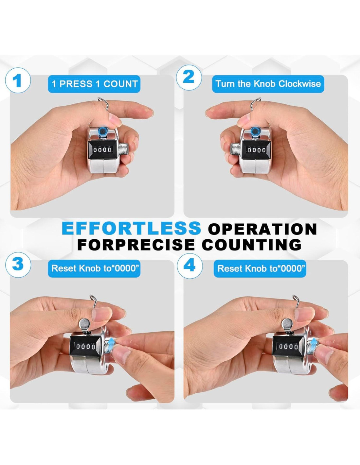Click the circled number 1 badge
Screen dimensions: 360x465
pyautogui.click(x=18, y=81)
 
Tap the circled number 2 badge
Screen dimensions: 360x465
pyautogui.click(x=189, y=78)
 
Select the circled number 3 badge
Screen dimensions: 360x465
pyautogui.click(x=18, y=265)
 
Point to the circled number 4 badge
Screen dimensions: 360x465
pyautogui.click(x=190, y=265)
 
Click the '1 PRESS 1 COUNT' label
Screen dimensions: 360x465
pyautogui.click(x=94, y=84)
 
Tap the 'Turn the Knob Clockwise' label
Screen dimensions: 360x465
pyautogui.click(x=268, y=84)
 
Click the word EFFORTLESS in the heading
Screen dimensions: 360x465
pyautogui.click(x=131, y=228)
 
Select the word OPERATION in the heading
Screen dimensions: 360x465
pyautogui.click(x=262, y=229)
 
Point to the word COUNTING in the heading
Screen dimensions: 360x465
pyautogui.click(x=252, y=244)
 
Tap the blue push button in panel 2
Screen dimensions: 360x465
pyautogui.click(x=255, y=131)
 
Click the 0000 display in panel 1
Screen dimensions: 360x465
pyautogui.click(x=102, y=150)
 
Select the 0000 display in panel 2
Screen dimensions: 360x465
pyautogui.click(x=256, y=150)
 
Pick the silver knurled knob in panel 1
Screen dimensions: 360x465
pyautogui.click(x=124, y=149)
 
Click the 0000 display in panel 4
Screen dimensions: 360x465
pyautogui.click(x=288, y=347)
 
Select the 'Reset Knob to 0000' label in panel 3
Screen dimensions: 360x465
pyautogui.click(x=94, y=268)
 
